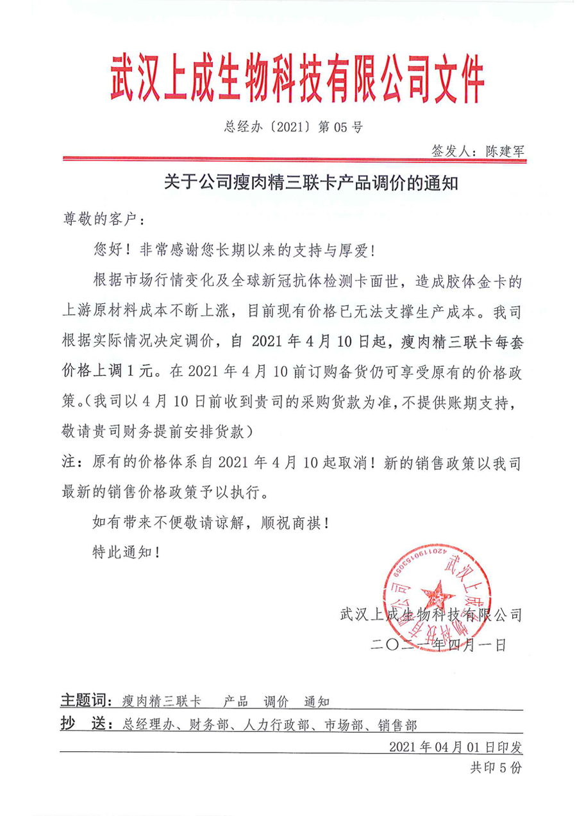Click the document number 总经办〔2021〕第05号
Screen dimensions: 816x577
point(293,127)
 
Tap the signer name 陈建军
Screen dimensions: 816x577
point(505,151)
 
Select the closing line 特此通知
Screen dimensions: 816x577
point(122,551)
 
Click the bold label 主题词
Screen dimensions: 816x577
point(79,699)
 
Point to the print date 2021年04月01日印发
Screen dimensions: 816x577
point(456,747)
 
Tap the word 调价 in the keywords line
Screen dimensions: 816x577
point(276,700)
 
